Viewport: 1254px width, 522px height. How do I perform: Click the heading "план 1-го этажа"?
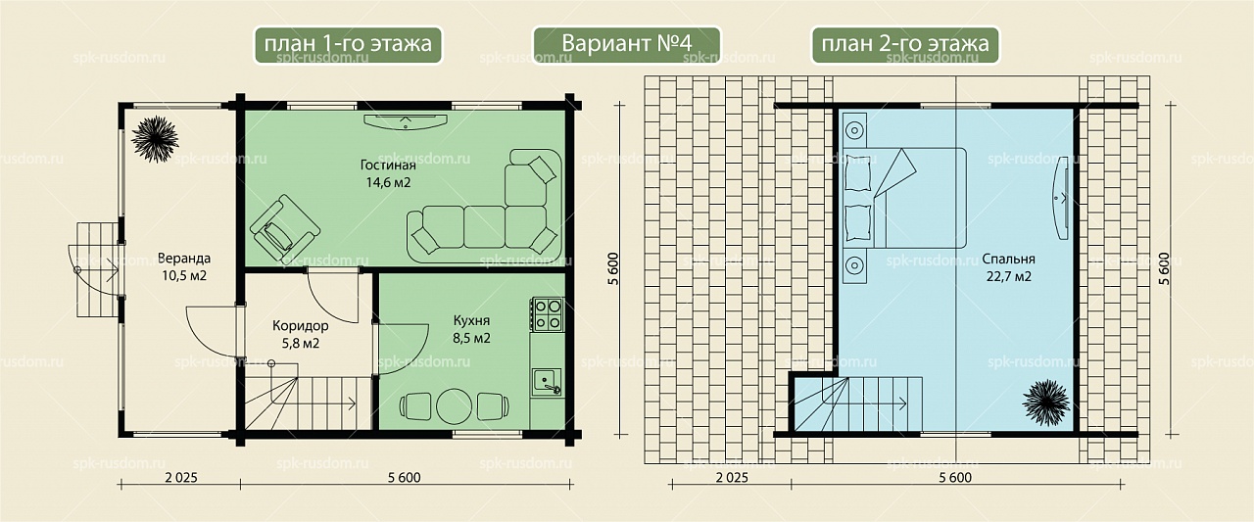click(348, 44)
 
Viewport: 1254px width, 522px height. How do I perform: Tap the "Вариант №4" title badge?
click(626, 45)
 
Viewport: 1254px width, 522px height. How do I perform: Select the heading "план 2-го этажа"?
click(905, 44)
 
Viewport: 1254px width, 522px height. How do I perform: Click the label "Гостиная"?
click(388, 166)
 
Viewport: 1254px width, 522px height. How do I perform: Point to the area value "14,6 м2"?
click(389, 182)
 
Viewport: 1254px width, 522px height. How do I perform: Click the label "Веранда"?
click(184, 259)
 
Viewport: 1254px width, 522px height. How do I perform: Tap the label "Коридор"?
click(301, 325)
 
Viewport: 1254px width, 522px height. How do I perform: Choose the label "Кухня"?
click(471, 320)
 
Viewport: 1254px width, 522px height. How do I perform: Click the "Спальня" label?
click(1009, 260)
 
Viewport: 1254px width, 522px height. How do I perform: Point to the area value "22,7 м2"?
click(1009, 276)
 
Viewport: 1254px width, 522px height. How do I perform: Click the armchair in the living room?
click(284, 227)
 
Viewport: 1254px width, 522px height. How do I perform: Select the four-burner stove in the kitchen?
click(547, 314)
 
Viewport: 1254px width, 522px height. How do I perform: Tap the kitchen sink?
click(547, 383)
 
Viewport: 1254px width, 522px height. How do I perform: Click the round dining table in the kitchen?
click(454, 405)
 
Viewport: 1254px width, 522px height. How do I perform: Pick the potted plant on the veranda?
click(155, 139)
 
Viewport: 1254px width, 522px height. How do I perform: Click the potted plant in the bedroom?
click(1045, 403)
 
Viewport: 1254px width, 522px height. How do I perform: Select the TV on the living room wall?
click(406, 120)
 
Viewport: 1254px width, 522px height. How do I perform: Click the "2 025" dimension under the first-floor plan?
click(181, 477)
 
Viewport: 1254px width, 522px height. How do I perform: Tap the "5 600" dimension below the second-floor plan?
click(955, 477)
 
